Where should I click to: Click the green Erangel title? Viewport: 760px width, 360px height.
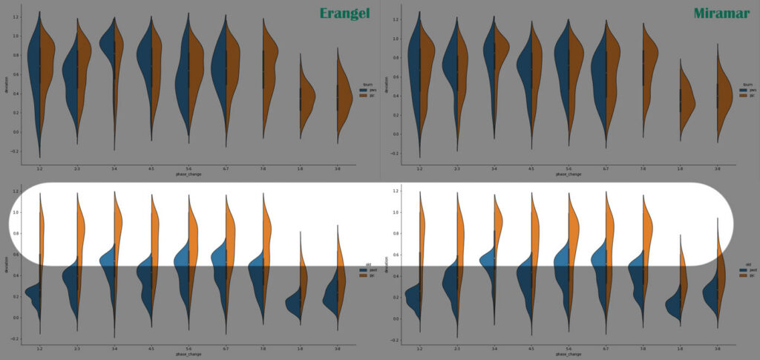click(x=344, y=13)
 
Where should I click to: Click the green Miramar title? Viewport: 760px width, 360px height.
click(x=721, y=13)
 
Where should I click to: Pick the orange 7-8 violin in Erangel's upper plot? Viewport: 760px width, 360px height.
click(x=269, y=59)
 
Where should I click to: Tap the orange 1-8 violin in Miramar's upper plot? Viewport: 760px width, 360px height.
click(x=687, y=100)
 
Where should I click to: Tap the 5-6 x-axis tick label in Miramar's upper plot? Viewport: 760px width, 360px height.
click(x=569, y=169)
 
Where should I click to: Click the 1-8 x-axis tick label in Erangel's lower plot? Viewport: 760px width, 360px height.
click(x=300, y=347)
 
